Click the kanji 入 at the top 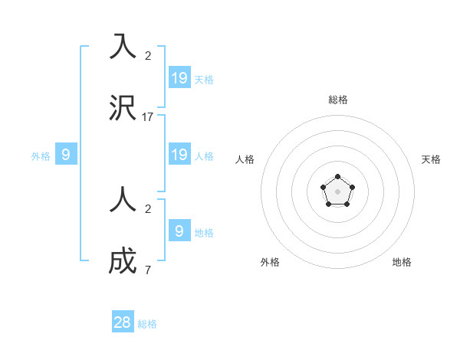(x=123, y=47)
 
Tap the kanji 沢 (x=123, y=108)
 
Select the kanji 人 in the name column (x=123, y=201)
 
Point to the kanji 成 (x=123, y=261)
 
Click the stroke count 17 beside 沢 (x=148, y=117)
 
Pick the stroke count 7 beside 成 (x=148, y=270)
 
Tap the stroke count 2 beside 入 (x=148, y=56)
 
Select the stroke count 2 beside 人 (x=148, y=209)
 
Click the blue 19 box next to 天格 (x=179, y=77)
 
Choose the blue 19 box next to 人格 (x=179, y=155)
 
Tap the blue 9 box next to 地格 (x=179, y=231)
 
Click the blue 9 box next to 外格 (x=66, y=155)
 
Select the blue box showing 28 (x=123, y=322)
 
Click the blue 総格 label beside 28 (x=147, y=324)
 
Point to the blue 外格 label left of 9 (x=41, y=156)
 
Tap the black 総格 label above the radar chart (x=338, y=100)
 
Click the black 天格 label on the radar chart (x=431, y=159)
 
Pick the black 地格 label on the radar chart (x=402, y=262)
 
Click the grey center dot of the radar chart (x=338, y=191)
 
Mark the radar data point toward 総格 (x=338, y=177)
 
